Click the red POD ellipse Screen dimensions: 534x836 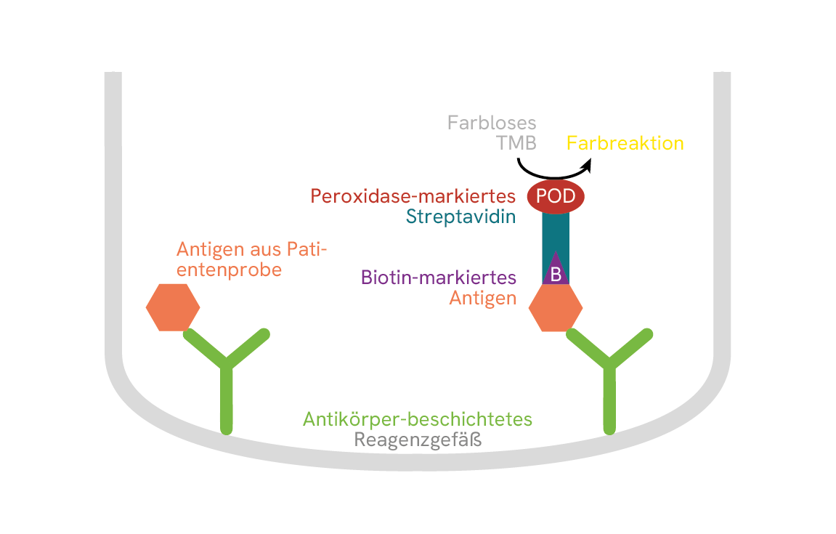[x=556, y=196]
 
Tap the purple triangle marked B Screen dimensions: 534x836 [x=556, y=271]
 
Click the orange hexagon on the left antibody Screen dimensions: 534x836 [x=173, y=307]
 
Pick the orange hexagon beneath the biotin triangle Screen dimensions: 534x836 [x=556, y=307]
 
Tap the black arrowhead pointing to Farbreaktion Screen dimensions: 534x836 [x=586, y=166]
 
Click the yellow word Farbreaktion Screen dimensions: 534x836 [x=625, y=143]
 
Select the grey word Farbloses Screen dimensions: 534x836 [x=492, y=122]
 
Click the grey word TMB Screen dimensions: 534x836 [x=516, y=143]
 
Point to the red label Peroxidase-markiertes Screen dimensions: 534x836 [x=413, y=196]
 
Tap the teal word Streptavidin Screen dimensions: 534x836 [x=461, y=217]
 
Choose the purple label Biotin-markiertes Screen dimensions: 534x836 [x=439, y=278]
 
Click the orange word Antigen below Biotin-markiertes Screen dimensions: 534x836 [x=483, y=298]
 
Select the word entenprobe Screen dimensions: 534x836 [x=229, y=270]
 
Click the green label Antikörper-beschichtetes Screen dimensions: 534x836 [x=418, y=419]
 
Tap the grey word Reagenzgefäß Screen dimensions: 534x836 [x=418, y=440]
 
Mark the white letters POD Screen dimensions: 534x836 [x=556, y=196]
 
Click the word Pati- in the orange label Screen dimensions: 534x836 [x=307, y=249]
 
